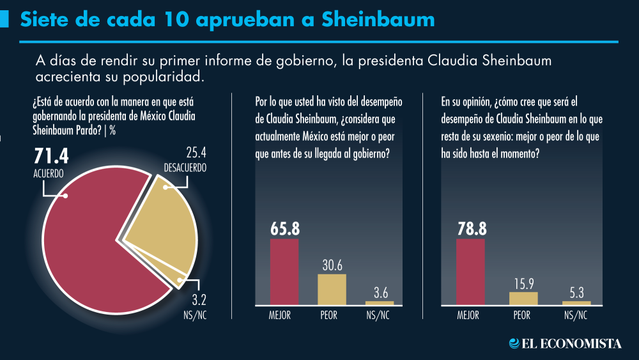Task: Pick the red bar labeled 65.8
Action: (284, 272)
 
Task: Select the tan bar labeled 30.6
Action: (332, 289)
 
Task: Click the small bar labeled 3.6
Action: (380, 302)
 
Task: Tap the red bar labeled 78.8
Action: (471, 272)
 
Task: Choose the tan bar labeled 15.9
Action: (523, 298)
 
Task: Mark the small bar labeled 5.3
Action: (576, 302)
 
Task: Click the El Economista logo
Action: (565, 343)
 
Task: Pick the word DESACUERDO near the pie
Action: (185, 168)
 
